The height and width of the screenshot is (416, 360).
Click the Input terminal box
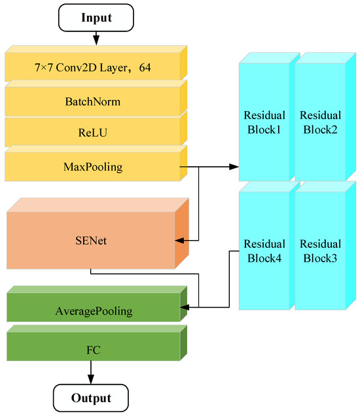[x=96, y=18]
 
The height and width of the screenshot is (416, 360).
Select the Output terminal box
[x=91, y=398]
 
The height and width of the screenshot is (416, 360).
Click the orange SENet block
[x=90, y=241]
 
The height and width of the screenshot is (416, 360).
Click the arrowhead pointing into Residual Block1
[x=234, y=166]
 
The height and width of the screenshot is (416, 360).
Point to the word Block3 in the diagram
[x=318, y=258]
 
